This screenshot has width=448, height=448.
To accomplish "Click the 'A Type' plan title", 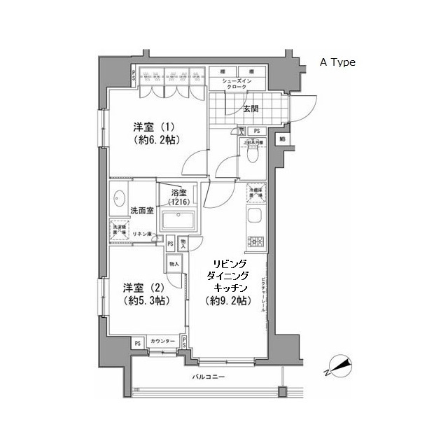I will (337, 62).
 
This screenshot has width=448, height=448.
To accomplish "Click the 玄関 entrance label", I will (251, 108).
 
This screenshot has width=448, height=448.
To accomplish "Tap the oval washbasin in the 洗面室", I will (118, 198).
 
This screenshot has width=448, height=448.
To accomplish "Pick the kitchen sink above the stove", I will (253, 216).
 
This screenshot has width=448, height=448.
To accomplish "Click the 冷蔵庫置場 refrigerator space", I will (253, 191).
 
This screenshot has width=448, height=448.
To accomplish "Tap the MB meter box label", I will (282, 138).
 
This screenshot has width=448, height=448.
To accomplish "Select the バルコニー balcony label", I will (207, 378).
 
